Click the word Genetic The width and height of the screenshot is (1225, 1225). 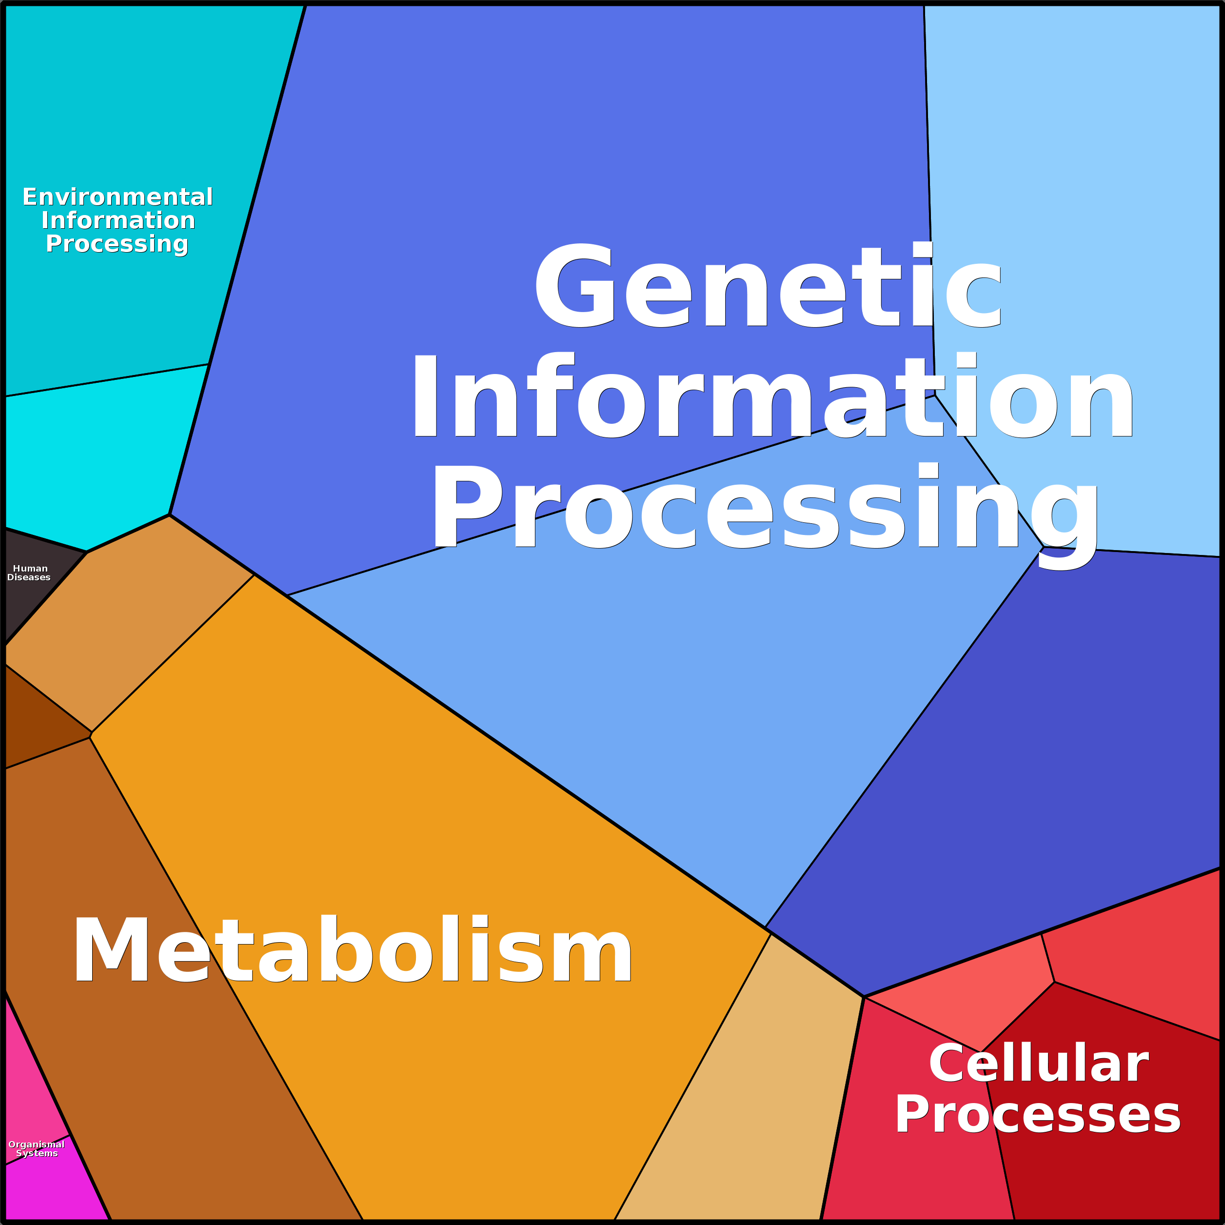(769, 285)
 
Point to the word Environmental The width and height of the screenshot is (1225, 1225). (118, 197)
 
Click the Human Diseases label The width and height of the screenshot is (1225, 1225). (29, 573)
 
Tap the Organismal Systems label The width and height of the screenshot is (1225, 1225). (37, 1148)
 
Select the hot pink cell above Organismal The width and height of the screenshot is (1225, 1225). (32, 1090)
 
